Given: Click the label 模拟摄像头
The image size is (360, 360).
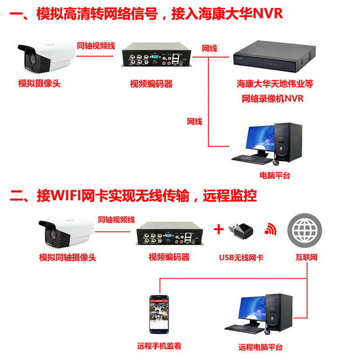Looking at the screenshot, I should tap(39, 84).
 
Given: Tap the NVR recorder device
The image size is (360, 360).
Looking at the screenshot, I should tap(273, 58).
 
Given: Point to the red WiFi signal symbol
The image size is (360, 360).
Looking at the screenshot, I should tap(271, 229).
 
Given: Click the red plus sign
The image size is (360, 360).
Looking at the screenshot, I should tap(218, 229).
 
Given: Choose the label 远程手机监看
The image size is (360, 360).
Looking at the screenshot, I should tap(159, 347).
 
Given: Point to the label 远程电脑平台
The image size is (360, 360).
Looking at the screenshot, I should tap(261, 347).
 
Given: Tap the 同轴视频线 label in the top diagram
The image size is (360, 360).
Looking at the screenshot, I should tap(96, 46).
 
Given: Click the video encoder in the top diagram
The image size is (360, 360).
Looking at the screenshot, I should tap(155, 58).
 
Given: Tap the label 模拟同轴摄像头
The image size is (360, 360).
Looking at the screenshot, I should tap(67, 258).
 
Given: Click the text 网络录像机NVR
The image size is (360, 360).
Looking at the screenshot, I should tap(273, 99).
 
